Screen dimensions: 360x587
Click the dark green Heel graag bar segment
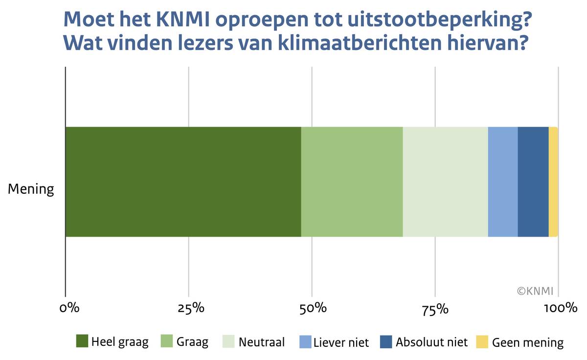click(183, 182)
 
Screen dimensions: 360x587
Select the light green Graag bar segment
click(352, 182)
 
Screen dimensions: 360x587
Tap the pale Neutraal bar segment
click(445, 182)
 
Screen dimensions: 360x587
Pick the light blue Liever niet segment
click(502, 182)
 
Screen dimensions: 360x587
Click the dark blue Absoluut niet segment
click(533, 182)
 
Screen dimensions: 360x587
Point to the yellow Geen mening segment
click(553, 182)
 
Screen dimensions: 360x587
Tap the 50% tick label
click(313, 309)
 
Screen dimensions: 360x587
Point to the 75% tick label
click(435, 309)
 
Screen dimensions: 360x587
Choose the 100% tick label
click(560, 309)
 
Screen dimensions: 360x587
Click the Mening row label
click(31, 189)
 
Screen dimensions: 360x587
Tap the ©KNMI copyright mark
click(535, 291)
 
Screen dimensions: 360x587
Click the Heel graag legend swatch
click(82, 341)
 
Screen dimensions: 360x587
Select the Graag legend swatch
click(167, 341)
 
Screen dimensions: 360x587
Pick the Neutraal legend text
click(262, 342)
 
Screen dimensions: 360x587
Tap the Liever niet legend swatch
click(305, 341)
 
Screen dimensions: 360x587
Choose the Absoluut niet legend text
click(432, 342)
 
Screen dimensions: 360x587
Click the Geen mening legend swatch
click(482, 341)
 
